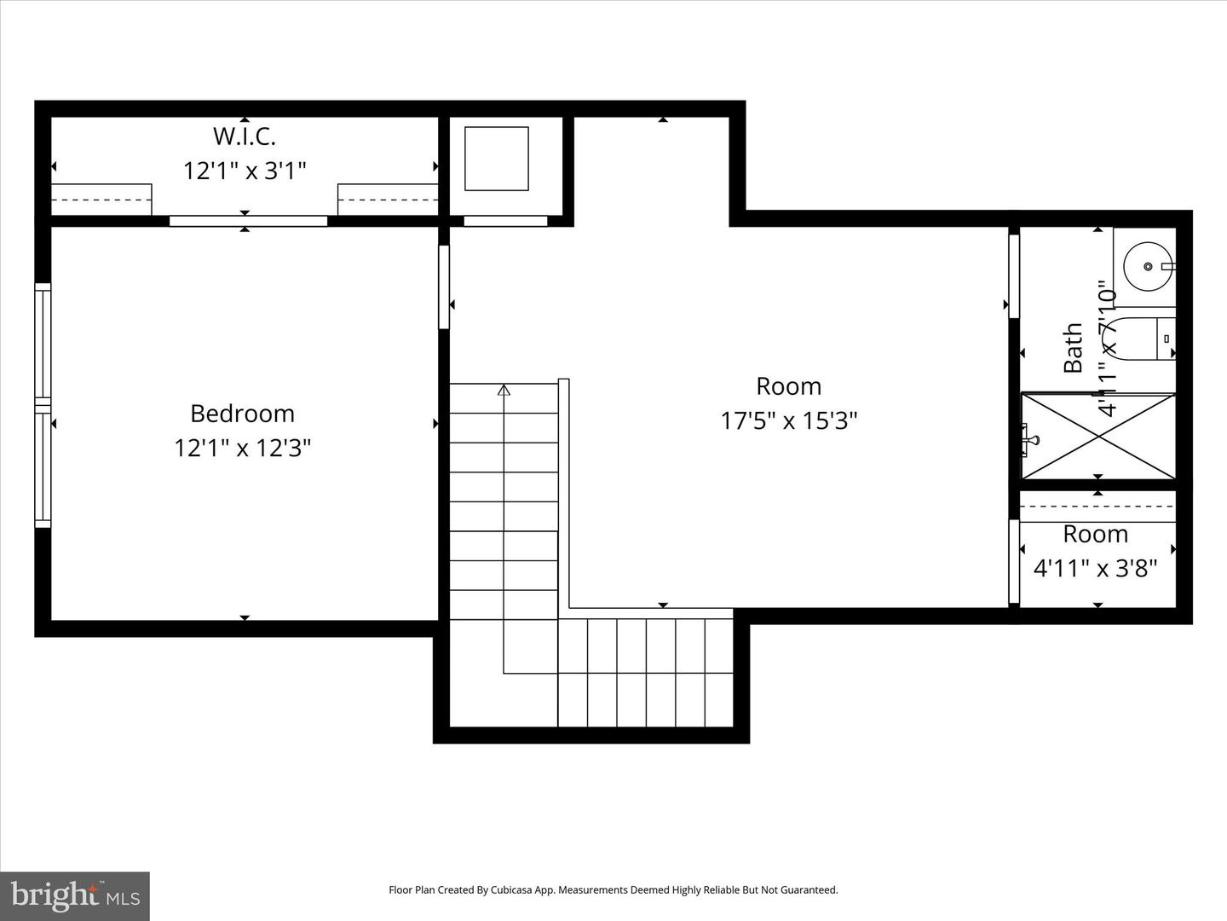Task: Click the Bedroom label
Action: coord(242,414)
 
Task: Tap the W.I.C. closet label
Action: coord(244,136)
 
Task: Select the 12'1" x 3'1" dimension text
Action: coord(244,171)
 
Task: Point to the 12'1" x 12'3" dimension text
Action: coord(242,448)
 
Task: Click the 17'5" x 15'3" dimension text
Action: coord(788,420)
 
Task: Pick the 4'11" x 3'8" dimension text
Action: coord(1095,568)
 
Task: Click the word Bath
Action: coord(1073,347)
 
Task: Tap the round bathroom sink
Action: coord(1147,267)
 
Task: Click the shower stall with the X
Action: coord(1098,436)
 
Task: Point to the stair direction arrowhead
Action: coord(504,391)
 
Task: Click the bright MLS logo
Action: coord(75,895)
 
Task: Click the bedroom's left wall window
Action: coord(43,405)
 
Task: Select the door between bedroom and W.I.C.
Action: coord(248,221)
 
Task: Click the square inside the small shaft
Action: coord(496,159)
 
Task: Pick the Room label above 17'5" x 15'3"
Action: coord(788,386)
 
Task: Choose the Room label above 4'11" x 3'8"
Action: coord(1095,535)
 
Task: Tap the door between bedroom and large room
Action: coord(444,287)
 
